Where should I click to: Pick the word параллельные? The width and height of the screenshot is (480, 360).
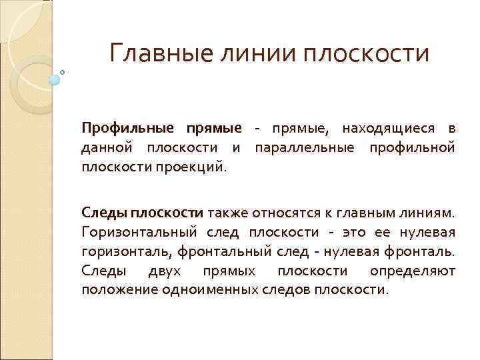click(307, 146)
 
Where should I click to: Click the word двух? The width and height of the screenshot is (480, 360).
click(158, 271)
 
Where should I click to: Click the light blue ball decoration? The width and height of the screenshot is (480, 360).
click(55, 79)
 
